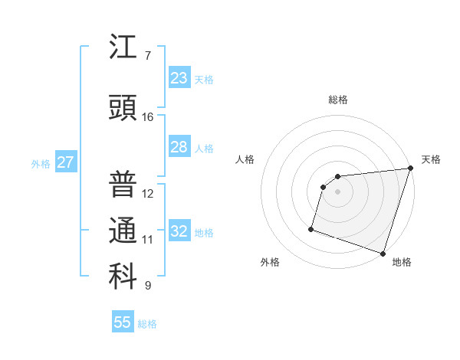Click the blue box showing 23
click(179, 77)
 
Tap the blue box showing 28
click(179, 147)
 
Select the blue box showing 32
click(179, 231)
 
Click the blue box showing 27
click(65, 162)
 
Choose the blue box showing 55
click(123, 322)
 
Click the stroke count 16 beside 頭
click(148, 117)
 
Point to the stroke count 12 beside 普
click(148, 193)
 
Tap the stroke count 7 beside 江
click(148, 56)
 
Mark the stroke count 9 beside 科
click(148, 286)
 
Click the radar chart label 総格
click(338, 100)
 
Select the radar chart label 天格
click(431, 159)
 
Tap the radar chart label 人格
click(245, 159)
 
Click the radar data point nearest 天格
click(410, 169)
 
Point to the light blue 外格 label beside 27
click(41, 163)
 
